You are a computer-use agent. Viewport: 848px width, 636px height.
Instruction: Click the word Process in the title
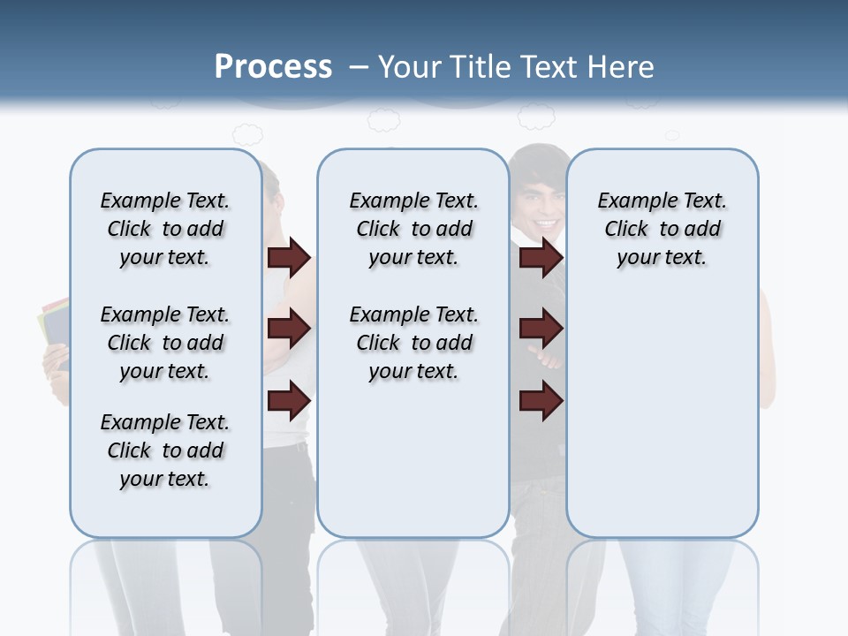click(273, 66)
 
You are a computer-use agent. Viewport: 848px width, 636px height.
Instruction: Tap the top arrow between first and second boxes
click(289, 257)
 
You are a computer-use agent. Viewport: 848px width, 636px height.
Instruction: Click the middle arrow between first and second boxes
click(289, 329)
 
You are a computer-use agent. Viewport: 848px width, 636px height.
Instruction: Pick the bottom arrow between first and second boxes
click(289, 400)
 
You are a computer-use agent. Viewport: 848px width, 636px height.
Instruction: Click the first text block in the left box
click(165, 229)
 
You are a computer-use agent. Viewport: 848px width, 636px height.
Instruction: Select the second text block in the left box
click(165, 343)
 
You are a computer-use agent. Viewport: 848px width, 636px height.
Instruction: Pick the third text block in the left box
click(165, 450)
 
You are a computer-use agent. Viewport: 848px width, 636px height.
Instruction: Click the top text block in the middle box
click(413, 229)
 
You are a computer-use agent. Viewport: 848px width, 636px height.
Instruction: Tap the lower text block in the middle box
click(413, 343)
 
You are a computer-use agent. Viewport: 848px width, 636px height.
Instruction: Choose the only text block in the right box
click(662, 229)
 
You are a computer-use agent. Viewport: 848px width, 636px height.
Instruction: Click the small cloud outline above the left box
click(247, 134)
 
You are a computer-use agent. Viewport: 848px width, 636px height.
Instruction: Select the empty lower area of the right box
click(662, 415)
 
